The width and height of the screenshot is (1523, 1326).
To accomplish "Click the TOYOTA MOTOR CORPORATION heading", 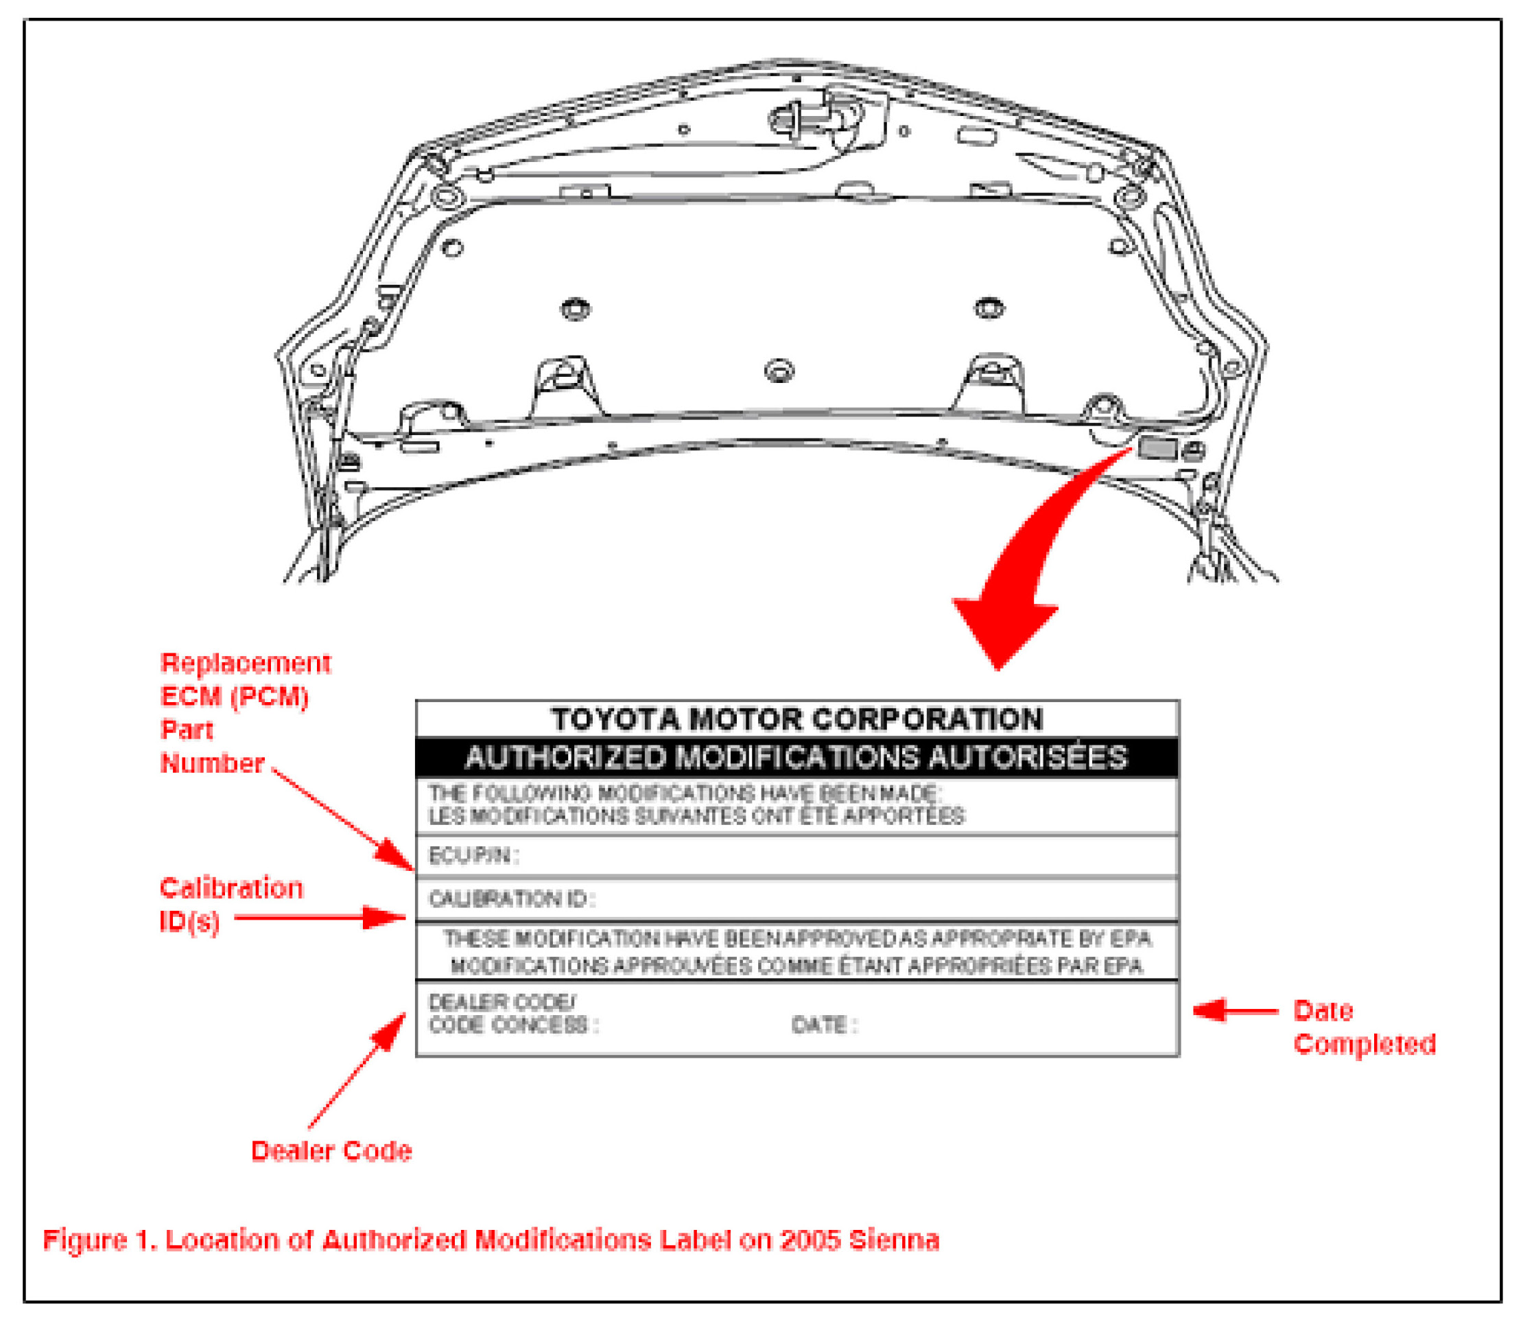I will [x=796, y=720].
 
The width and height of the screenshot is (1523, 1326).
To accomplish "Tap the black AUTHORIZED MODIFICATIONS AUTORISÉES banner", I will [x=796, y=758].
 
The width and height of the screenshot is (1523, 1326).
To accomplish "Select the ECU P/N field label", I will [x=473, y=855].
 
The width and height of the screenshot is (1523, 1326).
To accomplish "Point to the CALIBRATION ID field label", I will [x=511, y=899].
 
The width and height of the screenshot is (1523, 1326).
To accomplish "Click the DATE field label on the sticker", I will [x=823, y=1025].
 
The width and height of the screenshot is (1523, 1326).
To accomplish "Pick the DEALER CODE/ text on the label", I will [x=501, y=1003].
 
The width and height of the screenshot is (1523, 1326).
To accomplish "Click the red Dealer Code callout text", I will [x=331, y=1152].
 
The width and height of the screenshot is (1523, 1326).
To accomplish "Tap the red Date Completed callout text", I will [x=1363, y=1028].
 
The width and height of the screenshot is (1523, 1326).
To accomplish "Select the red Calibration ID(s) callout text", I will [x=231, y=904].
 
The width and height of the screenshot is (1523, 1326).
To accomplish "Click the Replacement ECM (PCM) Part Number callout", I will [x=244, y=713].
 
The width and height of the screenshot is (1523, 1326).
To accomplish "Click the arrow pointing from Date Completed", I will [x=1233, y=1011].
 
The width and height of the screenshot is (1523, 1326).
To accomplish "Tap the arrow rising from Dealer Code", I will [x=358, y=1070].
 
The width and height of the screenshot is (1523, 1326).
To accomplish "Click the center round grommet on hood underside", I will [x=779, y=370].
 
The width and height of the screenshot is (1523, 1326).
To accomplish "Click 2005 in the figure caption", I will [x=810, y=1240].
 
